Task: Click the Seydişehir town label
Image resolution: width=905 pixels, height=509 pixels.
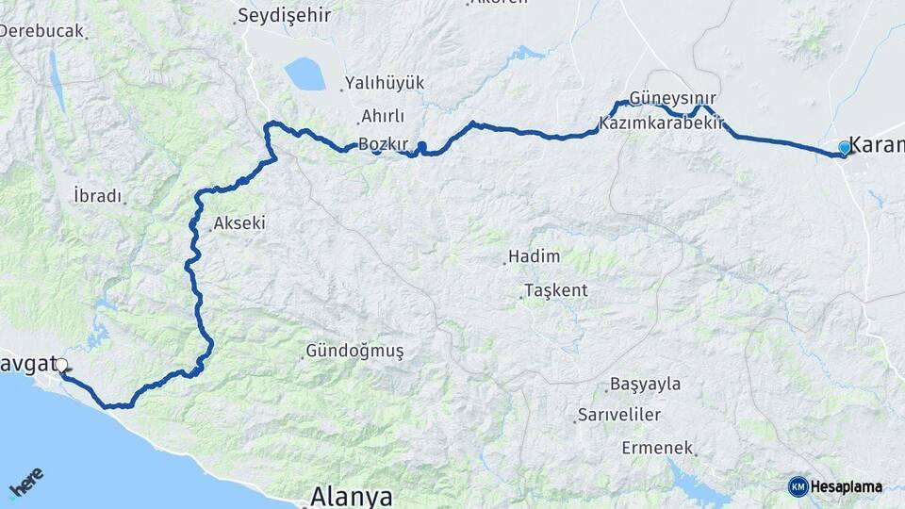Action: point(279,15)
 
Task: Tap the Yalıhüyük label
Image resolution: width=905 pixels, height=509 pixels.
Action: point(385,83)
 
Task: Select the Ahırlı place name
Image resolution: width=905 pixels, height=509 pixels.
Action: point(382,116)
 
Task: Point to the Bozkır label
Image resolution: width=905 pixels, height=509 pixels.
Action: point(384,144)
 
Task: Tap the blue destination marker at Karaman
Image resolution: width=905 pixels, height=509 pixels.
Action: point(844,148)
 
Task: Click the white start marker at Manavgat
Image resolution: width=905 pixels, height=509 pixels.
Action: point(61,365)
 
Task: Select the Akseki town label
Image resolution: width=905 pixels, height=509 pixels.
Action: point(239,223)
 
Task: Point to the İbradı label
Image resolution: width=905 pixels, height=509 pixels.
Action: point(98,196)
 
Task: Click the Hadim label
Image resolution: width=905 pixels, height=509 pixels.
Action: point(534,256)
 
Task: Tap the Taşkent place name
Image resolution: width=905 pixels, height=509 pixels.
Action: point(556,290)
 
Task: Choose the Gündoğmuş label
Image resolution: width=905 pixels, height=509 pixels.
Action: point(354,352)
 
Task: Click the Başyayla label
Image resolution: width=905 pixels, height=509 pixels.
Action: point(645,385)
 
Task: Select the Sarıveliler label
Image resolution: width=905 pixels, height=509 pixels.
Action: point(619,415)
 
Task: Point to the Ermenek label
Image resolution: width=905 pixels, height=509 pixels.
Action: point(657,448)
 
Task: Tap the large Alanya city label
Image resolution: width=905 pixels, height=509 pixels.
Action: point(352,496)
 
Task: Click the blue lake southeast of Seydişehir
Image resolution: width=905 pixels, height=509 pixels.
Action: point(304,74)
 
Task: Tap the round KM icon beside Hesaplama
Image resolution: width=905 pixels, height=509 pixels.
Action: point(798,486)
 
